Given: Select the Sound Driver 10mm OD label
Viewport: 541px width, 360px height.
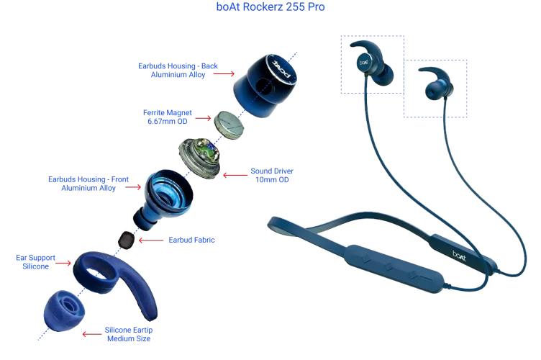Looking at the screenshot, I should (x=271, y=175).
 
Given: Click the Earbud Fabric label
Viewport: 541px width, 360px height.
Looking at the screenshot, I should (x=191, y=240).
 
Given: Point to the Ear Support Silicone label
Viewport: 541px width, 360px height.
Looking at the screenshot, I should (x=35, y=261).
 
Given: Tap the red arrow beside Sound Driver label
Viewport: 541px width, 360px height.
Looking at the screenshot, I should (x=235, y=174).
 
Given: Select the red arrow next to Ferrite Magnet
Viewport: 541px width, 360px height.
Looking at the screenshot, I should (x=204, y=117).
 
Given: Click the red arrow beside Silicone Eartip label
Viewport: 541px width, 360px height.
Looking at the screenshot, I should (x=91, y=333).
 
